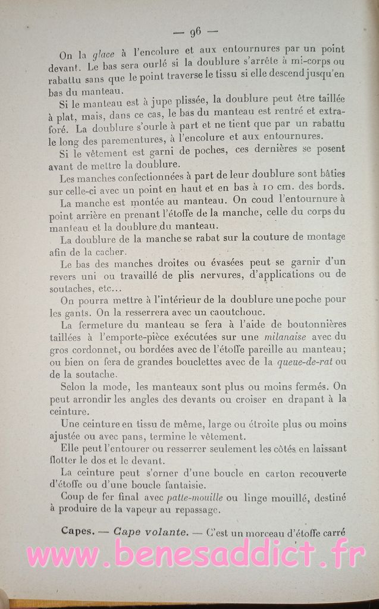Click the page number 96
tap(194, 32)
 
